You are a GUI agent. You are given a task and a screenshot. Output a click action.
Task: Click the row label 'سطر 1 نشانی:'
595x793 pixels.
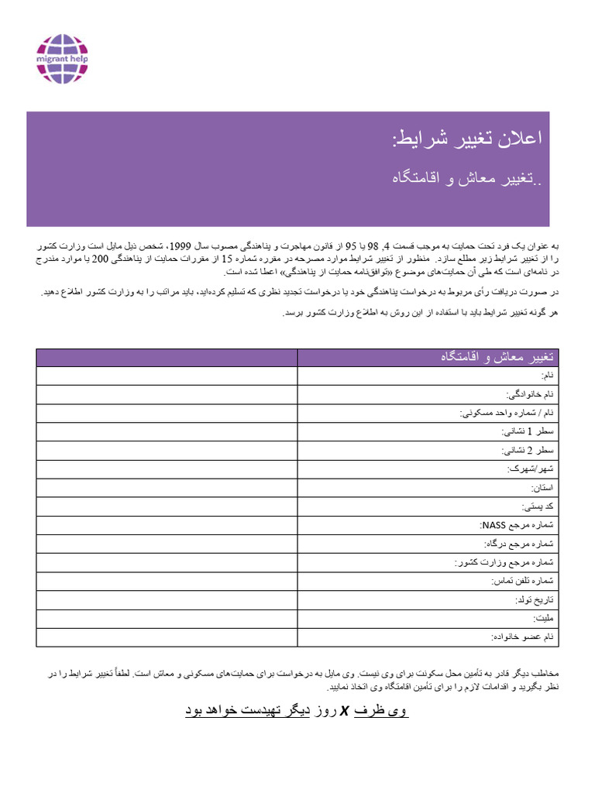[529, 431]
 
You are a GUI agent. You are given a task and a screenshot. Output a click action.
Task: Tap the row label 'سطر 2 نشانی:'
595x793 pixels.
[529, 450]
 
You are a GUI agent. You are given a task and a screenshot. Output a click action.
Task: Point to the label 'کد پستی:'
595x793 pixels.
[539, 506]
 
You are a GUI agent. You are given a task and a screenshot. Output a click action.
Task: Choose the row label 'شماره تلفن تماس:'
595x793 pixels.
[524, 581]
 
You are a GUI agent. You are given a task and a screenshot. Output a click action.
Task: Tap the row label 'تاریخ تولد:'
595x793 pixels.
[535, 599]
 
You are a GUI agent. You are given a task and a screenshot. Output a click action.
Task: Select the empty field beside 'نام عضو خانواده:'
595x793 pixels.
[167, 637]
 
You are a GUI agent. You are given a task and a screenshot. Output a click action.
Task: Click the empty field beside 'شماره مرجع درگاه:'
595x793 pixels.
[167, 544]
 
